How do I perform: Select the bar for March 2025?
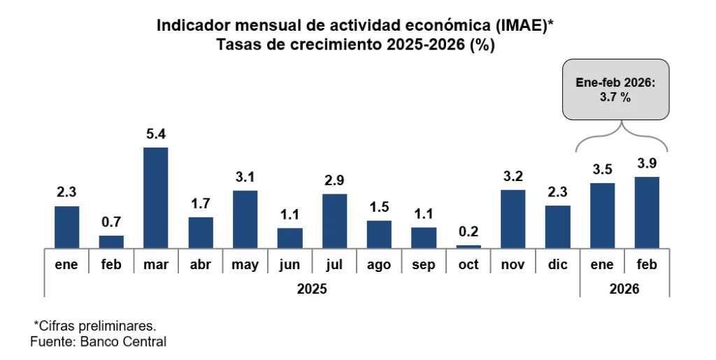coord(155,197)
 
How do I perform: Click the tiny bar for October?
coord(468,246)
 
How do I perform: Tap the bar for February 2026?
coord(647,212)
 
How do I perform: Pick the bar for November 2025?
coord(513,219)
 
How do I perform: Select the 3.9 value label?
coord(647,164)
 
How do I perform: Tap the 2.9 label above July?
coord(334,180)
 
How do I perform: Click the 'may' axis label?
coord(245,266)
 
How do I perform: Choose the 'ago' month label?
coord(379,266)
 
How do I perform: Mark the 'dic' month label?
coord(557,266)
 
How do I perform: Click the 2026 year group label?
coord(624,288)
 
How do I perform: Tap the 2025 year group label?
coord(312,288)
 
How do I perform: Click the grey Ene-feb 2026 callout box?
coord(615,91)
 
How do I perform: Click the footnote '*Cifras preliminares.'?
coord(95,326)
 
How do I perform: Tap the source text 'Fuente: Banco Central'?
coord(99,342)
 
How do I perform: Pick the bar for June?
coord(289,238)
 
